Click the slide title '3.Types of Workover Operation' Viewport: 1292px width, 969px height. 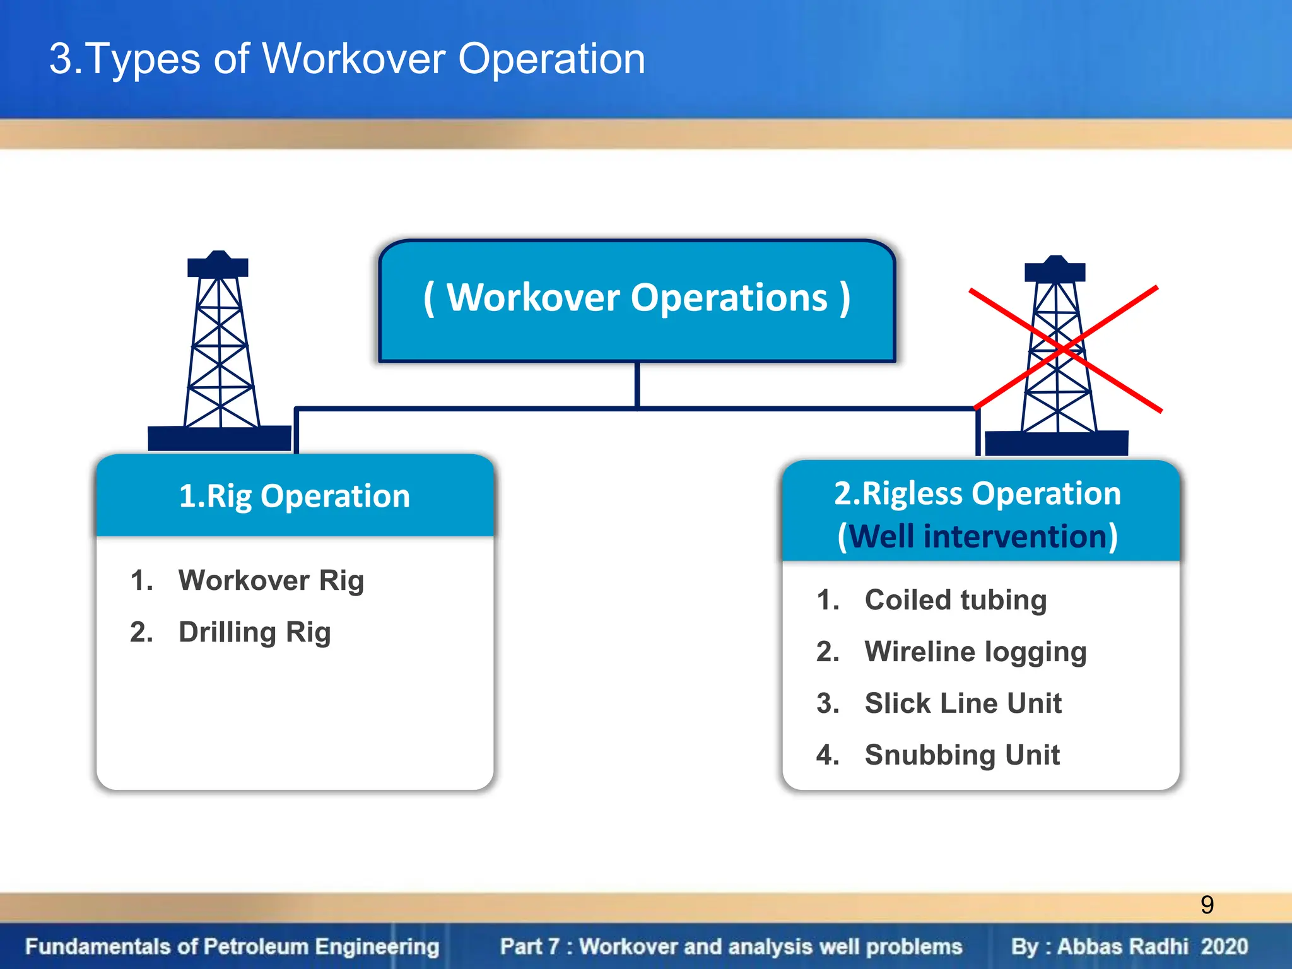point(347,59)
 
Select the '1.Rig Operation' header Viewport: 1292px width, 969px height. point(295,496)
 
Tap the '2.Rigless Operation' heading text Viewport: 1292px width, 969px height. point(977,493)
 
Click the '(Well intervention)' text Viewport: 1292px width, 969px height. point(977,537)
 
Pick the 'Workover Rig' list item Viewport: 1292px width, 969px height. point(271,580)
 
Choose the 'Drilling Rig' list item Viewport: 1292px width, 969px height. point(254,632)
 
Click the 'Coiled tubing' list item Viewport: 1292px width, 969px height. point(955,600)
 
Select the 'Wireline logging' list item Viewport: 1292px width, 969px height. point(975,652)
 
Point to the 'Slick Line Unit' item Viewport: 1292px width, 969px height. point(963,703)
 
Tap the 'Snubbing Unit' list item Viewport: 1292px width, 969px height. point(961,755)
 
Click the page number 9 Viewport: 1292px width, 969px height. point(1207,905)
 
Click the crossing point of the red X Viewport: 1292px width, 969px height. point(1064,348)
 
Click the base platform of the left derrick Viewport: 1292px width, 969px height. point(219,438)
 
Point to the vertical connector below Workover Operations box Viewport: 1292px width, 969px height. point(637,385)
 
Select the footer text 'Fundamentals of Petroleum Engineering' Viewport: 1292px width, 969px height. point(232,947)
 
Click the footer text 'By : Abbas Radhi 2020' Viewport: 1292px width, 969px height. point(1129,947)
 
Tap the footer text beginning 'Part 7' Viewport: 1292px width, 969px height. point(731,947)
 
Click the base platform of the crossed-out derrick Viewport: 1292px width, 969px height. point(1056,443)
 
